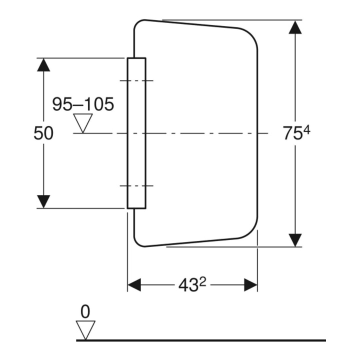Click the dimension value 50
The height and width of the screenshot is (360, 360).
coord(43,133)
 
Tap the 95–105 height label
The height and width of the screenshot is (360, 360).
coord(83,104)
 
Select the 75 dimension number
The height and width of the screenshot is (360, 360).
coord(292,133)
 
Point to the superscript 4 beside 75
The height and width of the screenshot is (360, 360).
coord(306,130)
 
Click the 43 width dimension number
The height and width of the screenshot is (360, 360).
coord(188,285)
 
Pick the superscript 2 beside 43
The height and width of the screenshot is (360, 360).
coord(202,282)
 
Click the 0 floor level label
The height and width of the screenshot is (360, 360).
coord(85,312)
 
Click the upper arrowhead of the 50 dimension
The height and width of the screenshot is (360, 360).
coord(43,64)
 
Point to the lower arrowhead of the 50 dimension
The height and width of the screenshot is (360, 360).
coord(43,201)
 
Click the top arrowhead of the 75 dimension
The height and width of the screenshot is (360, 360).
coord(295,27)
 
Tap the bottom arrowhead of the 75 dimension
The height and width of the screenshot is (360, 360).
coord(295,240)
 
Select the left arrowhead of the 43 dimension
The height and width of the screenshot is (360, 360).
coord(134,285)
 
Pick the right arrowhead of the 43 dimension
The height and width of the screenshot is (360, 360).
coord(250,285)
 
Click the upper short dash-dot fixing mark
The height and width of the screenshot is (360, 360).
coord(136,80)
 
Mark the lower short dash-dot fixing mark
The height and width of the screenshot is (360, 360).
coord(136,185)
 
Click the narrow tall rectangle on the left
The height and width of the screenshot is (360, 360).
coord(136,133)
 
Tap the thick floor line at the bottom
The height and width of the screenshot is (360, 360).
coord(201,340)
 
